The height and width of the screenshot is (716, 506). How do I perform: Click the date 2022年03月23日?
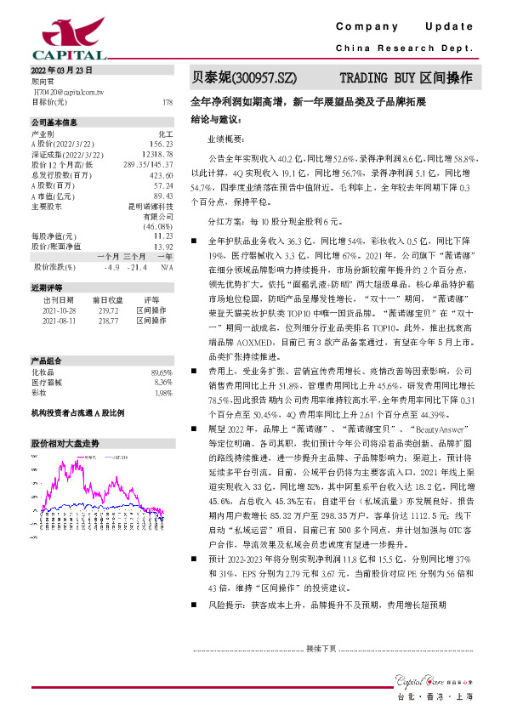pos(61,70)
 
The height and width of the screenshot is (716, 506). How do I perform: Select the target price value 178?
pos(167,101)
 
